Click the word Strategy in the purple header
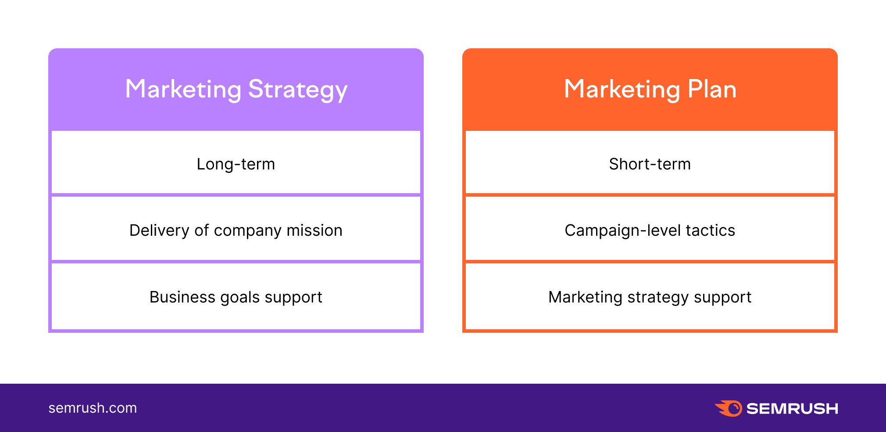click(x=298, y=90)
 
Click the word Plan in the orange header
click(x=712, y=89)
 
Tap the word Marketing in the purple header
click(x=183, y=90)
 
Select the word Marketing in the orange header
click(x=622, y=90)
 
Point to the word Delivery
click(x=160, y=230)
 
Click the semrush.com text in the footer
click(x=93, y=408)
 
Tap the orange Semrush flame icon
click(x=729, y=408)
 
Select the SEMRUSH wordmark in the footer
click(x=792, y=409)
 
